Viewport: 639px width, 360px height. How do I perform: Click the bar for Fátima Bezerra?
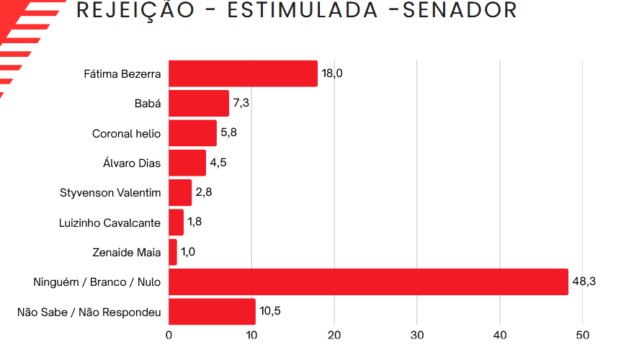[243, 73]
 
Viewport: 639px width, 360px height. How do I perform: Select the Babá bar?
[199, 103]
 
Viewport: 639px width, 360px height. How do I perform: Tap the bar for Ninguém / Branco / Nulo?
[368, 282]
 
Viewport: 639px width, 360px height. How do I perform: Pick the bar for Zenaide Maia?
[173, 252]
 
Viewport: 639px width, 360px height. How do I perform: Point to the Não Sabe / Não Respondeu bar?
[212, 312]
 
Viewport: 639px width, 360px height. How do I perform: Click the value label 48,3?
[584, 282]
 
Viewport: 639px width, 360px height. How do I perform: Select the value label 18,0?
[332, 73]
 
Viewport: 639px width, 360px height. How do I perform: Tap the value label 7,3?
[241, 103]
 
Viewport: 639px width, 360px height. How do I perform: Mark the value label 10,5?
[271, 312]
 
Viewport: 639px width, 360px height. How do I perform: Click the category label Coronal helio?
[126, 133]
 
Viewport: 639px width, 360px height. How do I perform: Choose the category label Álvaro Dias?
[132, 163]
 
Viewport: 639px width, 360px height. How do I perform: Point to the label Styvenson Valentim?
[110, 193]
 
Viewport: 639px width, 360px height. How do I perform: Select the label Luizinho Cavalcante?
[110, 222]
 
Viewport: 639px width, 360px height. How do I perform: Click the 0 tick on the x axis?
[169, 336]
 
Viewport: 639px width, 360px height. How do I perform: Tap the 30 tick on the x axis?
[417, 336]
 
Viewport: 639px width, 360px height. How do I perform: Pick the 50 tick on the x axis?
[583, 336]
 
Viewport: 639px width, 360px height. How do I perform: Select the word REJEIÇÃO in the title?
[135, 10]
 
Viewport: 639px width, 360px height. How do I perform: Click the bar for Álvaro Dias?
[187, 163]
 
